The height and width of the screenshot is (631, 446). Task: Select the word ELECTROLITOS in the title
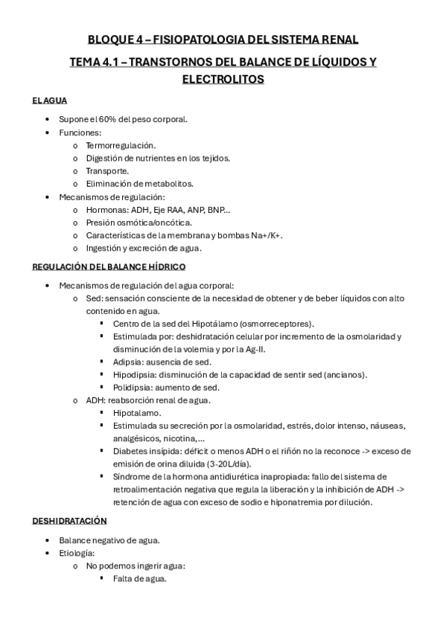click(x=223, y=78)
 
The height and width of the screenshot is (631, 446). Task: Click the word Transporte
click(x=107, y=170)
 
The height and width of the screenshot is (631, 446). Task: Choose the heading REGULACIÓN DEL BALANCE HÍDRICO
click(x=109, y=266)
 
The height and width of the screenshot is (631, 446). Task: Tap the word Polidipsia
click(x=134, y=387)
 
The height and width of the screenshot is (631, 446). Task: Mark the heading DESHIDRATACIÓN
click(x=70, y=521)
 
